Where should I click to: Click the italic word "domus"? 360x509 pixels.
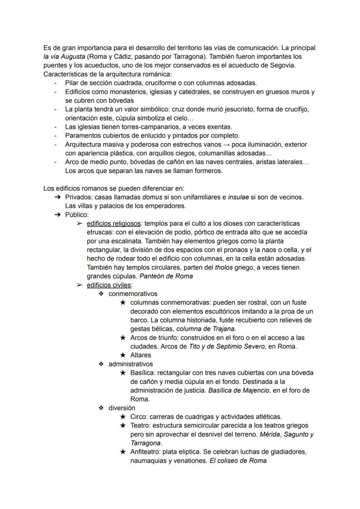pos(154,197)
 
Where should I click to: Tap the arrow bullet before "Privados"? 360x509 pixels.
pos(57,197)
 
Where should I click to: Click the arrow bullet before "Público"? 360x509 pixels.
pos(57,214)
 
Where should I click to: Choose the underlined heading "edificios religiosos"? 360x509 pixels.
pos(113,223)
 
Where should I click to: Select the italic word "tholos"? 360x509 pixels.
pos(224,267)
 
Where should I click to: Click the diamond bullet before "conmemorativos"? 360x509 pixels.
pos(101,294)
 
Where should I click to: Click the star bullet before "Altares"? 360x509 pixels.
pos(123,355)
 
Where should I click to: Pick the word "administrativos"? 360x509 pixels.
pos(131,364)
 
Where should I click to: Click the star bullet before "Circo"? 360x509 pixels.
pos(123,416)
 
